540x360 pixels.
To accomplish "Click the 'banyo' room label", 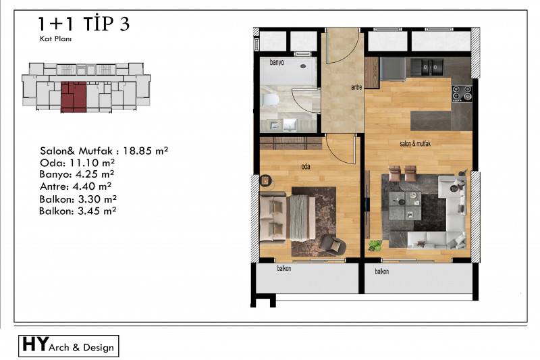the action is tap(277, 62).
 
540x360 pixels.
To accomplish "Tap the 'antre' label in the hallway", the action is tap(356, 88).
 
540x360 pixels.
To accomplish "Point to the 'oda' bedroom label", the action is tap(306, 167).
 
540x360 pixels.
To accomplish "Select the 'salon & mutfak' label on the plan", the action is tap(415, 144).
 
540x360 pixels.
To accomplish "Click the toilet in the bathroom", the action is tap(271, 100).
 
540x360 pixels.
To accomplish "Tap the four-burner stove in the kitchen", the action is tap(462, 93).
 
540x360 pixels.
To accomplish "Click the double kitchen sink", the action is tap(427, 67).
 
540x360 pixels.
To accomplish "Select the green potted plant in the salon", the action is tap(375, 246).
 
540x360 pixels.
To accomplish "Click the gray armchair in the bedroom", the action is tap(333, 245).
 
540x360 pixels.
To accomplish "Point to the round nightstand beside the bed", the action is tap(265, 181).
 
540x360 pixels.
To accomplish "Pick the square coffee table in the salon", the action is tap(405, 205).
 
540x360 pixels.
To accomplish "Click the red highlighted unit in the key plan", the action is tap(74, 97).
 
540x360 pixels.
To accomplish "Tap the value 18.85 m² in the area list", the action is tap(146, 151).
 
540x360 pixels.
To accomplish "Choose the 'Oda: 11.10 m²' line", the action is tap(77, 163).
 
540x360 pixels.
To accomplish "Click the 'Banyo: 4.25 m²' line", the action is tap(77, 174).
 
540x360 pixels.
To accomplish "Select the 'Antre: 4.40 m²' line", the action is tap(76, 186).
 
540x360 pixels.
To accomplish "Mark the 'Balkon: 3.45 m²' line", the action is tap(78, 211).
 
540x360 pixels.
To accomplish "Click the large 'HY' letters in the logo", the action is tap(36, 344).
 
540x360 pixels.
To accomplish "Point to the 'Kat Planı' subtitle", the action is tap(56, 39).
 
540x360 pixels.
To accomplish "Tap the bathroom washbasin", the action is tap(290, 125).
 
